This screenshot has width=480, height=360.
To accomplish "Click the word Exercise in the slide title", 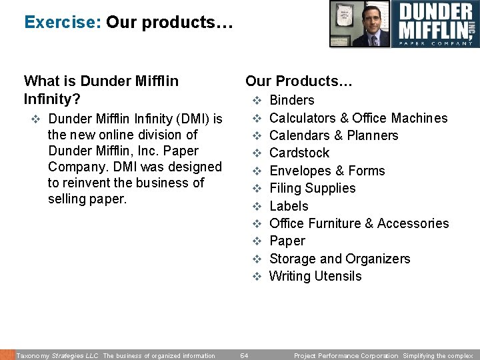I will pyautogui.click(x=62, y=22).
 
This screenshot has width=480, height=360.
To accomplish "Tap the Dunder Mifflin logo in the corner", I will pyautogui.click(x=435, y=24).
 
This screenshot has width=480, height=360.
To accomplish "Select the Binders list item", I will pyautogui.click(x=291, y=101).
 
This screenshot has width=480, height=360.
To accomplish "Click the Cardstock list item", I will pyautogui.click(x=299, y=153).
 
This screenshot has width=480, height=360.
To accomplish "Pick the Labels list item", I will pyautogui.click(x=289, y=206).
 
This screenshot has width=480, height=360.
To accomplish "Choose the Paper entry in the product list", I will pyautogui.click(x=287, y=241).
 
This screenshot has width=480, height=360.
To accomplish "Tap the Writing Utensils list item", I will pyautogui.click(x=315, y=277).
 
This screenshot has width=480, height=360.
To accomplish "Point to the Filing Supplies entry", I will pyautogui.click(x=312, y=189).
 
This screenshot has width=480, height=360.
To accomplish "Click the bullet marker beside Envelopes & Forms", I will pyautogui.click(x=255, y=171).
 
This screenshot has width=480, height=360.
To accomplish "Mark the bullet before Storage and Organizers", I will pyautogui.click(x=255, y=259).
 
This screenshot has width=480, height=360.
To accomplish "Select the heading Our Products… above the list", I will pyautogui.click(x=299, y=81).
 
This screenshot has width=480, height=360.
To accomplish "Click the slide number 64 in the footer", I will pyautogui.click(x=244, y=356).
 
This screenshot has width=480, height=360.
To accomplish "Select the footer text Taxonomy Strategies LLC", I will pyautogui.click(x=57, y=356).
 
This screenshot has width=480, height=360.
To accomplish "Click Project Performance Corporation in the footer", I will pyautogui.click(x=345, y=356).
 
